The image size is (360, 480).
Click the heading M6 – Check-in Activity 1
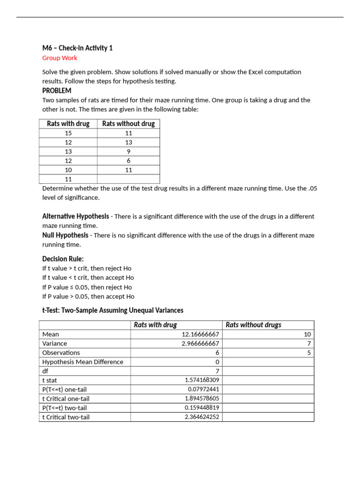(77, 48)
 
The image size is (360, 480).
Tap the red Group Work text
(60, 58)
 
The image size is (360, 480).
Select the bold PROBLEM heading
(57, 90)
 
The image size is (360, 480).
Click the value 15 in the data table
(68, 133)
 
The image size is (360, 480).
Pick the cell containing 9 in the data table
(128, 151)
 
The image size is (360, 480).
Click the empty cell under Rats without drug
(128, 179)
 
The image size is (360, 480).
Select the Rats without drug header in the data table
(128, 124)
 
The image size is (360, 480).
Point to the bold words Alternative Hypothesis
(75, 216)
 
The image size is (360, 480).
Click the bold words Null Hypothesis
(65, 235)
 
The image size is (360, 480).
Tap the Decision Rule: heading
(63, 259)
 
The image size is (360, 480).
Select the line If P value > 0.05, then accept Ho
(88, 296)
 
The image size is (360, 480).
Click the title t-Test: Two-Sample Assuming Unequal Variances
(112, 310)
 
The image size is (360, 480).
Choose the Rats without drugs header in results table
(254, 325)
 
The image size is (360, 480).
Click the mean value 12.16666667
(200, 334)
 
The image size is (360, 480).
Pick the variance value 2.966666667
(200, 344)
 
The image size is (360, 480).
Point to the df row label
(45, 371)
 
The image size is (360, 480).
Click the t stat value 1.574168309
(202, 380)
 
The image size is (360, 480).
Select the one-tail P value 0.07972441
(203, 389)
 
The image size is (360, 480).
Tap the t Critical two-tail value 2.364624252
(202, 417)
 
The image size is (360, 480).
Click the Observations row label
(61, 352)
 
